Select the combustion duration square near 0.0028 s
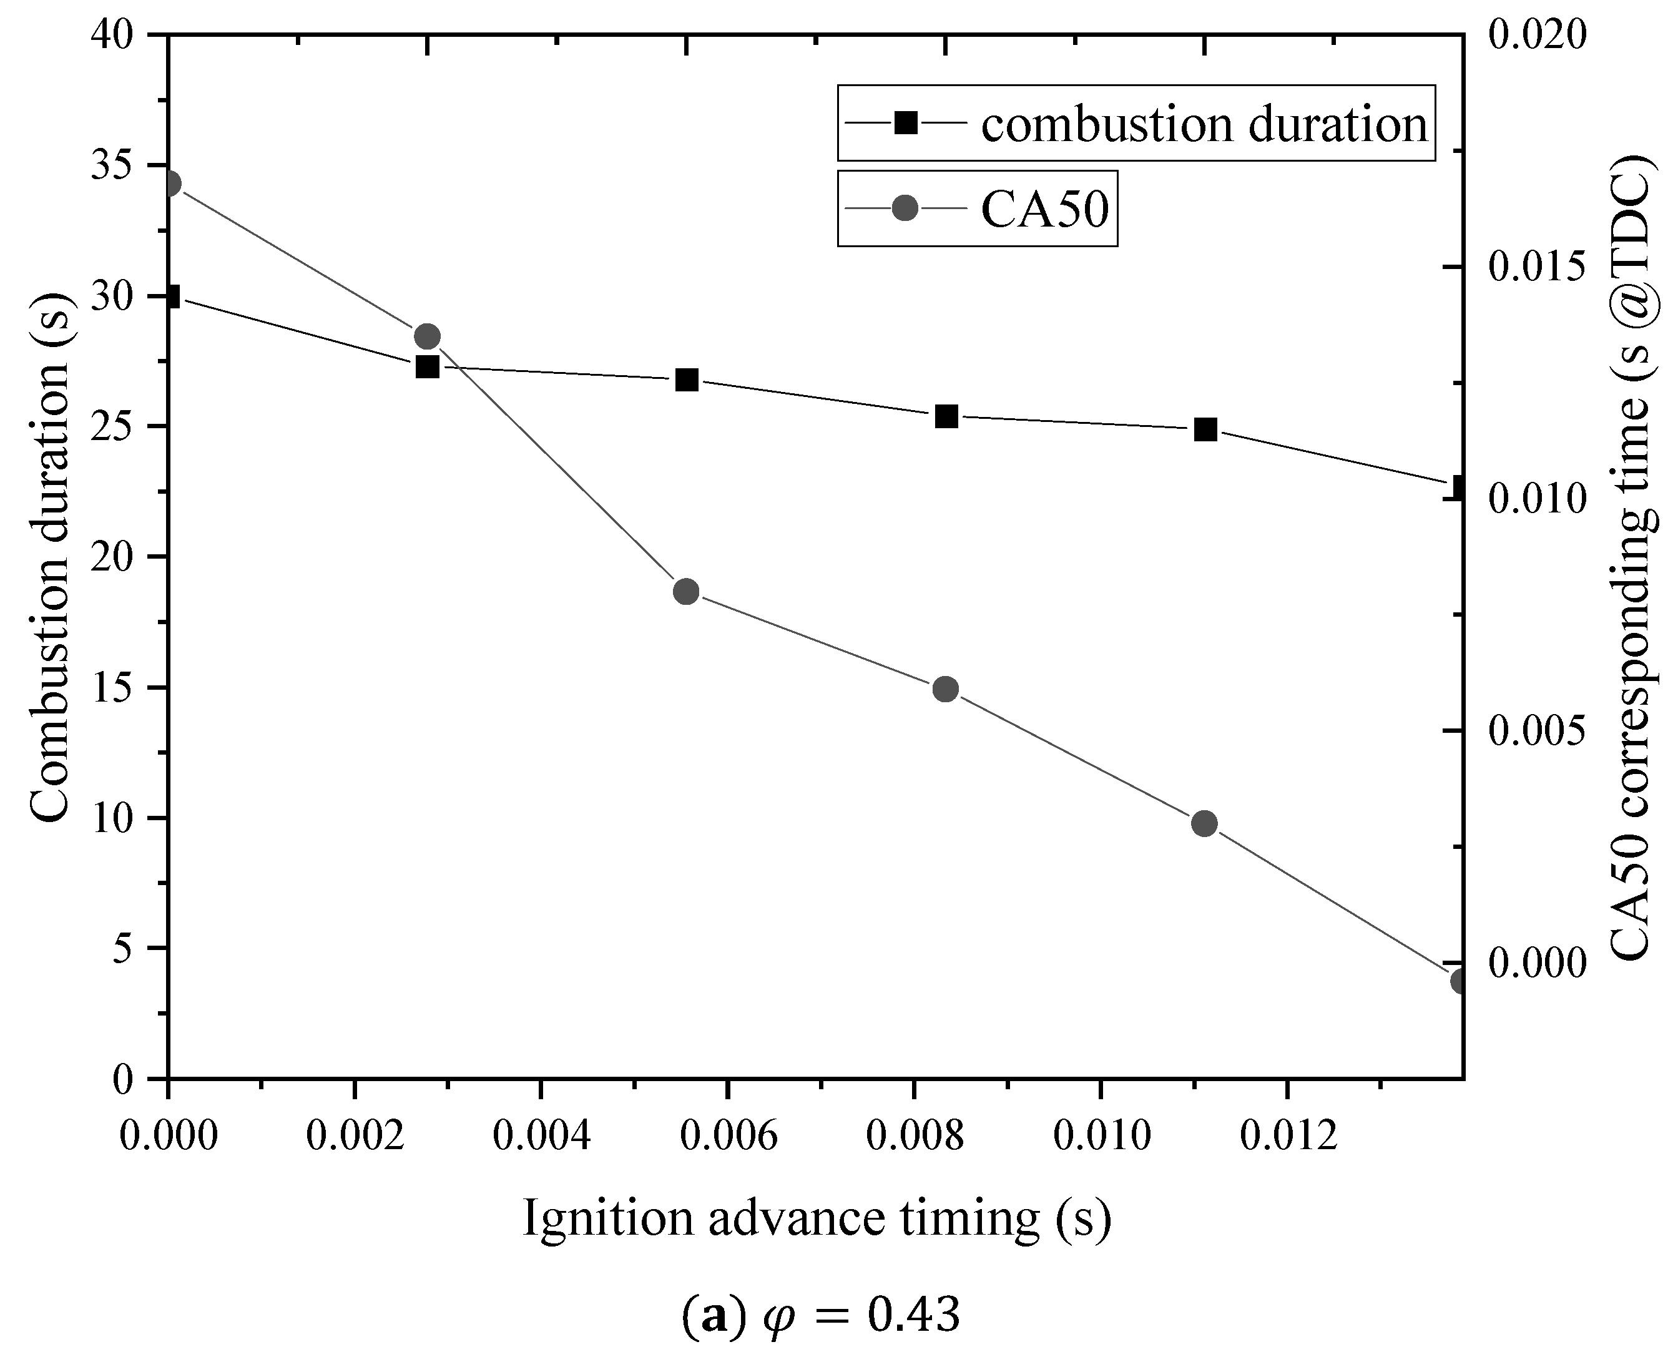(428, 366)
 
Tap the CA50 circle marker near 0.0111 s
(1204, 823)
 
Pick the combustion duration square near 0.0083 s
(946, 416)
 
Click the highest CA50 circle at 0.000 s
(170, 184)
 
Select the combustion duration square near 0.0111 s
(1205, 429)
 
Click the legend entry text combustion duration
(1204, 124)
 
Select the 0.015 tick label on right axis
(1534, 268)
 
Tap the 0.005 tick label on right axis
(1534, 731)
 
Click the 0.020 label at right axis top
(1534, 36)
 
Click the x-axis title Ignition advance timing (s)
(817, 1218)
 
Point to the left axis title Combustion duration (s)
(51, 557)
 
